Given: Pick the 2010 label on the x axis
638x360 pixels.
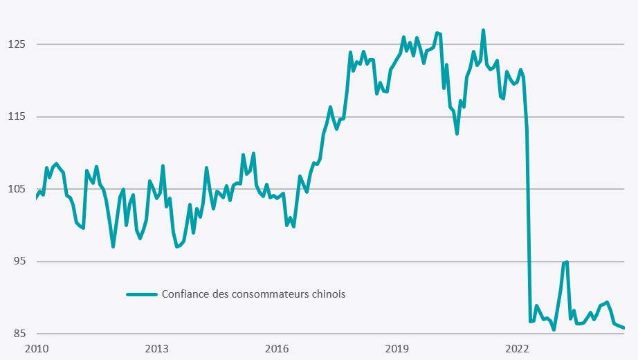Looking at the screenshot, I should (37, 348).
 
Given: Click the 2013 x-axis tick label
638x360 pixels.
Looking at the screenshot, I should (157, 348).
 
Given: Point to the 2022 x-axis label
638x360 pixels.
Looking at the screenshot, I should (518, 348).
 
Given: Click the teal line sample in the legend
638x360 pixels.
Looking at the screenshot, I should (143, 294).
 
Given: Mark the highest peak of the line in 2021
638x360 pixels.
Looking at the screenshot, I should (483, 30).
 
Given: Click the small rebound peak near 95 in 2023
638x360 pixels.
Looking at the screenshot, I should (566, 262).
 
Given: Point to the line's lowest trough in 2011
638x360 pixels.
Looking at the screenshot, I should (113, 246).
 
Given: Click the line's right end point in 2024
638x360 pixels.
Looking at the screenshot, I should (624, 328).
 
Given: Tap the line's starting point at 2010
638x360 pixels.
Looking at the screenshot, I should (37, 198).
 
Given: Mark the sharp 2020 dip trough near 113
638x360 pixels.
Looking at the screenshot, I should (457, 134).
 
